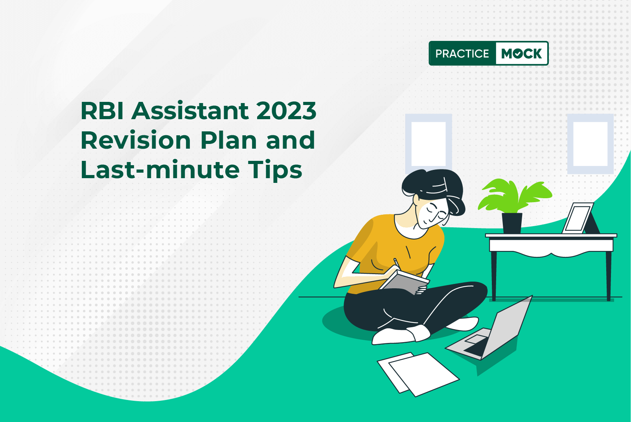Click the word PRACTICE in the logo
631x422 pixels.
[462, 53]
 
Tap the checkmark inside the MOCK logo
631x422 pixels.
[518, 53]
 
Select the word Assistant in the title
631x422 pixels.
[190, 111]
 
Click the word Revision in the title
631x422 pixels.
[136, 140]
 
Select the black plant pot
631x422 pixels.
[512, 223]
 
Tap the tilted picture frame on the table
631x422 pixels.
[578, 218]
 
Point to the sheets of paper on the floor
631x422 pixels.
[418, 374]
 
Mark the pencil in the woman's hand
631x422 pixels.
[397, 263]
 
